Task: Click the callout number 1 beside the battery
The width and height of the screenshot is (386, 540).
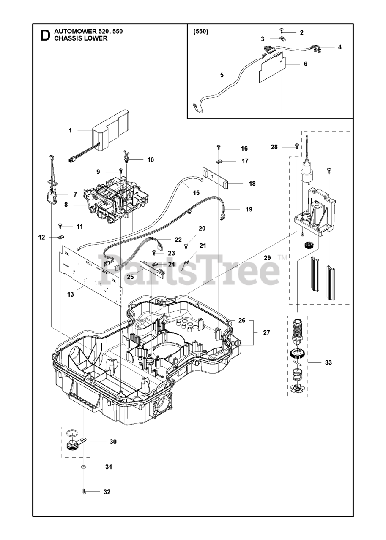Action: coord(70,130)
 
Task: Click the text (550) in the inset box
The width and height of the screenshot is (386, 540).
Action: coord(201,32)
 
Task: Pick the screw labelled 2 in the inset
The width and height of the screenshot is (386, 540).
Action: coord(282,30)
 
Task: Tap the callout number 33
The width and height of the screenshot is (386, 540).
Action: coord(328,362)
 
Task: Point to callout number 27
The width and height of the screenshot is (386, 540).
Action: coord(266,332)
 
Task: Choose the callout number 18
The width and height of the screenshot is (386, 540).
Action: coord(252,184)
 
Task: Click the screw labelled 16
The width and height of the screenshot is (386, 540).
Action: coord(219,147)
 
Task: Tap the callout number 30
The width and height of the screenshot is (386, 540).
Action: coord(113,442)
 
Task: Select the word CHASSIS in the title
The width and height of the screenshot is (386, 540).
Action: coord(67,38)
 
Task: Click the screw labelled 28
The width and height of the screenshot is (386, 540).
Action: coord(296,146)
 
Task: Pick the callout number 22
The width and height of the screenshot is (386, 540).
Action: coord(178,239)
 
